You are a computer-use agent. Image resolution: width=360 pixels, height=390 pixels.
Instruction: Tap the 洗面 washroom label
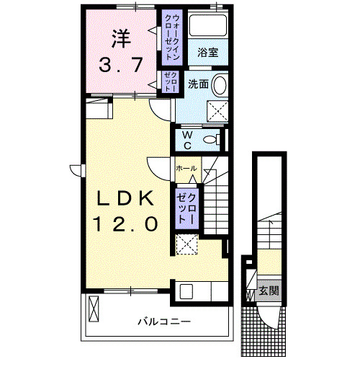[198, 84]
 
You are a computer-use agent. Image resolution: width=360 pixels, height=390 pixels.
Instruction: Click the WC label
[186, 139]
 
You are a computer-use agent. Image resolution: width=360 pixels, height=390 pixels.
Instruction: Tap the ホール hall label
[186, 168]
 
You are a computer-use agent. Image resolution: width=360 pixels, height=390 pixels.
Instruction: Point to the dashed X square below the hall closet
[187, 245]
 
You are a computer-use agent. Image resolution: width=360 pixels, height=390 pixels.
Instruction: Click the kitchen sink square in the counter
[185, 292]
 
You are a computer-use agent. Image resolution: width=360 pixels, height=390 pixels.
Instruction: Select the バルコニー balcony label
[164, 322]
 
